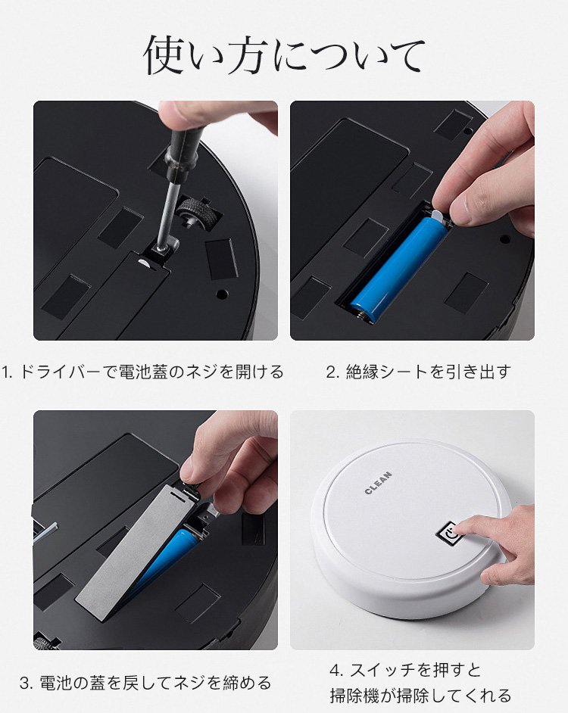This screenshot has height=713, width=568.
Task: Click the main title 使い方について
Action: (x=284, y=55)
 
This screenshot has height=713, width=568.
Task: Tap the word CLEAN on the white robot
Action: (x=378, y=483)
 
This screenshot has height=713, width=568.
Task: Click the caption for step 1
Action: (x=142, y=372)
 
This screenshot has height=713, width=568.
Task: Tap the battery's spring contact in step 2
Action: (x=363, y=314)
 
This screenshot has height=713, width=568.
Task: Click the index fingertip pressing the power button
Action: (x=458, y=528)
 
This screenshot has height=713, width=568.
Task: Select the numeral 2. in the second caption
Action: (x=332, y=372)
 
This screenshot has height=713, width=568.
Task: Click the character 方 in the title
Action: (x=248, y=55)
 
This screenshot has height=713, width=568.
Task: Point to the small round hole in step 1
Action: (x=222, y=294)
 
